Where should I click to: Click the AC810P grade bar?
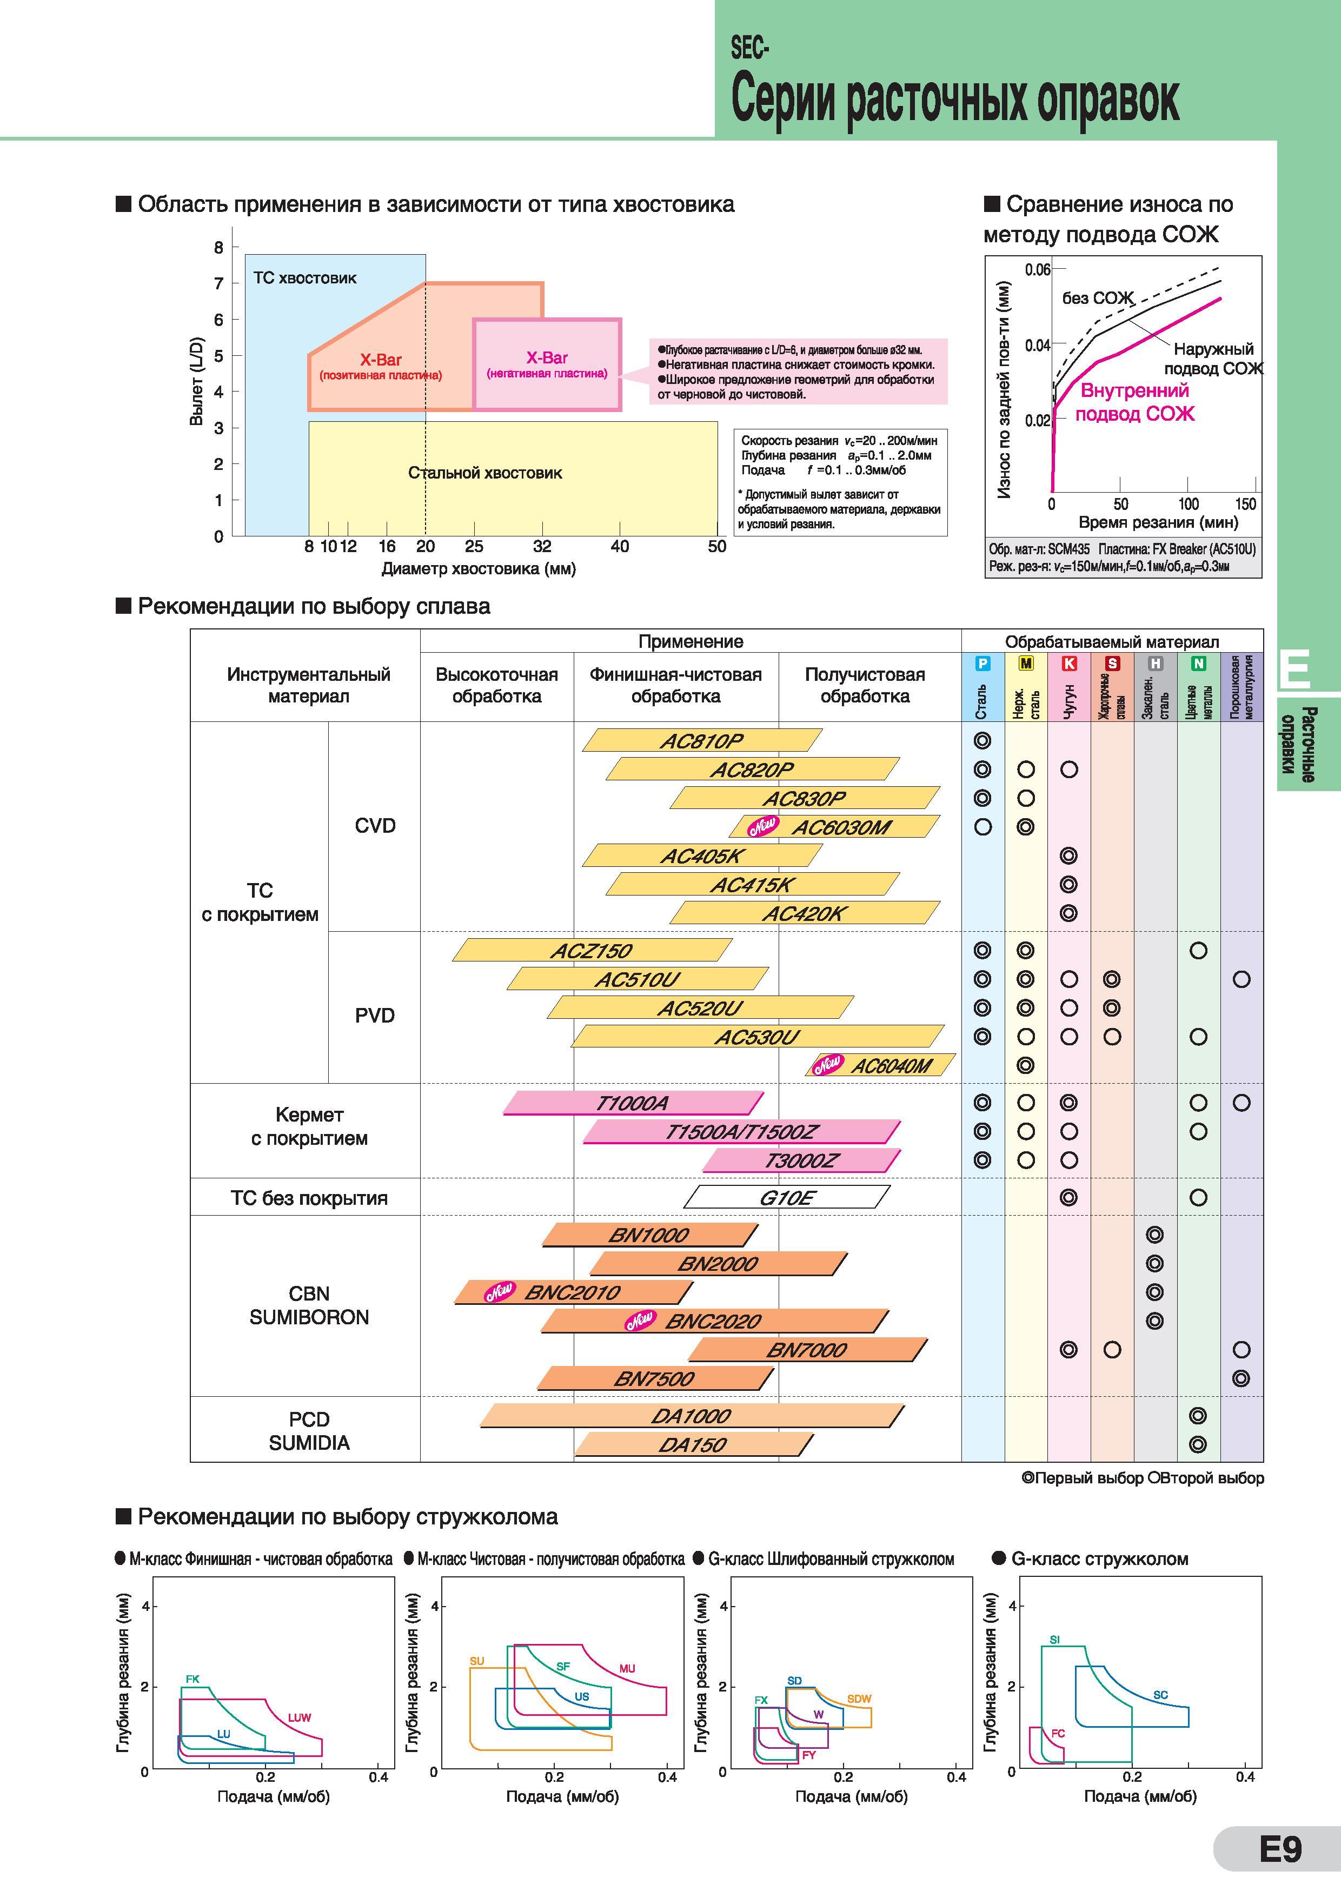(x=702, y=740)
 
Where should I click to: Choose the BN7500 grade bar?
(x=655, y=1377)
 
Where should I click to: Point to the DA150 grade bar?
(x=693, y=1444)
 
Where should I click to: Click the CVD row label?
(x=375, y=825)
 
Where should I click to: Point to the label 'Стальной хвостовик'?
(x=485, y=473)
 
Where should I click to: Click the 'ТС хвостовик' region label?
(x=305, y=277)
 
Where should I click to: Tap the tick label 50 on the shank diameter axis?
(x=716, y=546)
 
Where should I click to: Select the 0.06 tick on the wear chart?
(x=1038, y=269)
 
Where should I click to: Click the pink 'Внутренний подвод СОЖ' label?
(x=1136, y=402)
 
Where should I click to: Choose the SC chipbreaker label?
(x=1160, y=1695)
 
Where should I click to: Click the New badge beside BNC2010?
(x=500, y=1291)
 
